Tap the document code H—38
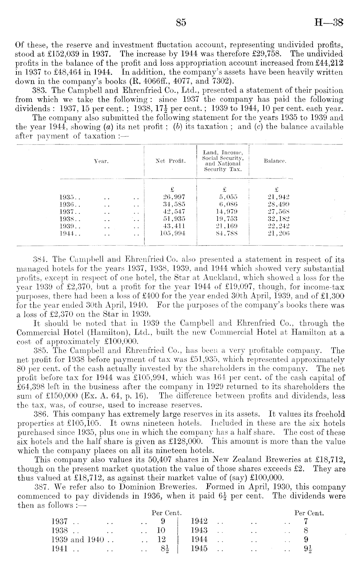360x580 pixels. pyautogui.click(x=328, y=23)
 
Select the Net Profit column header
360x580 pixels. pyautogui.click(x=170, y=161)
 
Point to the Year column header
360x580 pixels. pyautogui.click(x=101, y=161)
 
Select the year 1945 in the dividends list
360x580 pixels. pyautogui.click(x=199, y=549)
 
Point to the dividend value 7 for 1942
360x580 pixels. pyautogui.click(x=306, y=521)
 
